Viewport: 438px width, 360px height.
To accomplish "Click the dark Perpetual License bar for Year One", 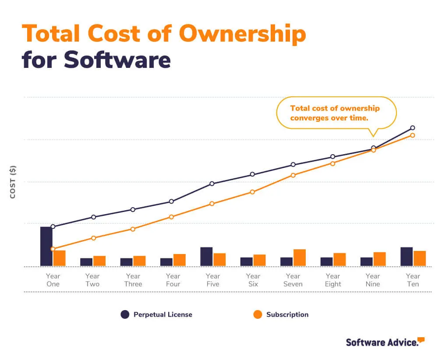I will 46,246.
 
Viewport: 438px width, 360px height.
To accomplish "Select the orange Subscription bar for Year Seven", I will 300,258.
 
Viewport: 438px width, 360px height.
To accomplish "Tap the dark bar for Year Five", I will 206,257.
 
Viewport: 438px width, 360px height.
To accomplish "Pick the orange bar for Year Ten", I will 420,258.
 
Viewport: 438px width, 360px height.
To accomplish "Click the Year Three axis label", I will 133,280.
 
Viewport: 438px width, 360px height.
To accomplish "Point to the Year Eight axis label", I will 333,280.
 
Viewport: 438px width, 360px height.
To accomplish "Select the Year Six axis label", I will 253,280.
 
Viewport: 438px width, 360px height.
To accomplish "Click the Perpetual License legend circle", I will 125,314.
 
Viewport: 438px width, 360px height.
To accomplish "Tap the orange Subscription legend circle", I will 258,314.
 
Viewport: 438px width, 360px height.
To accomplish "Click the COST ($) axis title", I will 13,182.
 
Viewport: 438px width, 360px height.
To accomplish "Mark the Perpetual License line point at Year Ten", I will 413,128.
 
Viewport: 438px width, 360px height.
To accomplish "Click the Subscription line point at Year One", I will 53,249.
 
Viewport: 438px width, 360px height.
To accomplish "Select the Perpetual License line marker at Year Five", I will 212,184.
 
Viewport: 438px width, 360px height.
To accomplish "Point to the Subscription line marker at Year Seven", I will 293,175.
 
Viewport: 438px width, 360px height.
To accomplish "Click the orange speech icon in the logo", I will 421,339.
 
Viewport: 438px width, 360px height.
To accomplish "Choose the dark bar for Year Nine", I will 367,261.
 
